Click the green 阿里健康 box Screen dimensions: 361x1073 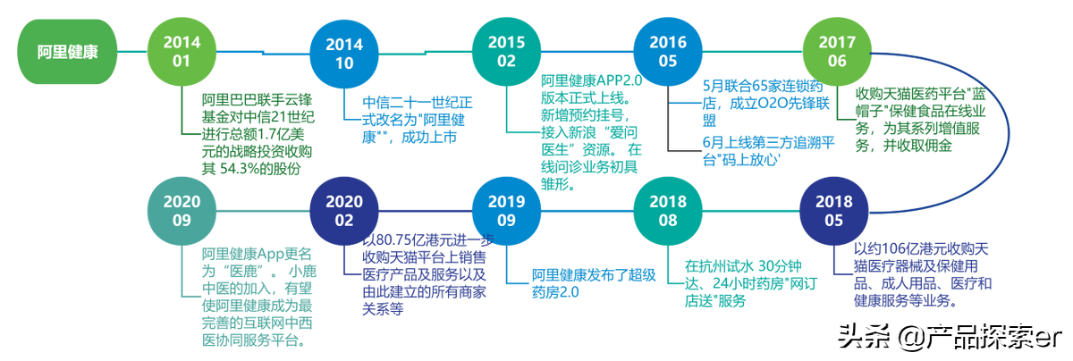[x=67, y=52]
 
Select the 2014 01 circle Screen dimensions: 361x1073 [x=182, y=51]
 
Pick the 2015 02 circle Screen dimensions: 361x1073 [x=507, y=51]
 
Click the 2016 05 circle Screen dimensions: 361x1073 [x=669, y=51]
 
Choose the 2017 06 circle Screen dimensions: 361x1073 [x=836, y=51]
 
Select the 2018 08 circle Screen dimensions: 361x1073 [x=670, y=211]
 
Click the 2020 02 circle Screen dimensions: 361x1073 [x=344, y=211]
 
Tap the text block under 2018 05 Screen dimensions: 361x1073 [x=921, y=273]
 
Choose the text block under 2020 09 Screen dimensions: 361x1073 [x=256, y=295]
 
